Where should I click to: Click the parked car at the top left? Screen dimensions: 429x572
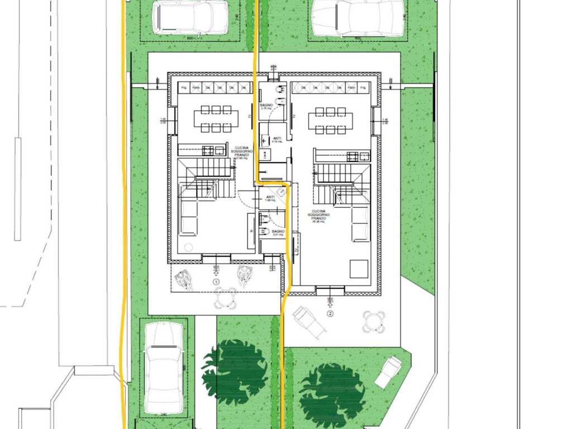click(x=190, y=17)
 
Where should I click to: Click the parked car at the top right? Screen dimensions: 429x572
click(x=357, y=17)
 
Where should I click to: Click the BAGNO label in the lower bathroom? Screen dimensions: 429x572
click(x=278, y=231)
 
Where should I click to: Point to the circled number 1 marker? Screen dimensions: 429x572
click(x=216, y=282)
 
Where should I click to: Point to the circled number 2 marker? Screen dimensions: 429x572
click(x=330, y=313)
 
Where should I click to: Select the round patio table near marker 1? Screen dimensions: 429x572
click(x=225, y=298)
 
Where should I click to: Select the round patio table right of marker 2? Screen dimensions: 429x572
click(x=373, y=321)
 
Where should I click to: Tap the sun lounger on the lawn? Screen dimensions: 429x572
click(x=388, y=372)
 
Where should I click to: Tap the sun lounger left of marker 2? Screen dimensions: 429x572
click(x=307, y=320)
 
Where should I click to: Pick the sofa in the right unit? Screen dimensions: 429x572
click(x=360, y=224)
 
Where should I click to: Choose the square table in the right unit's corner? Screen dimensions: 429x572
click(x=359, y=269)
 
